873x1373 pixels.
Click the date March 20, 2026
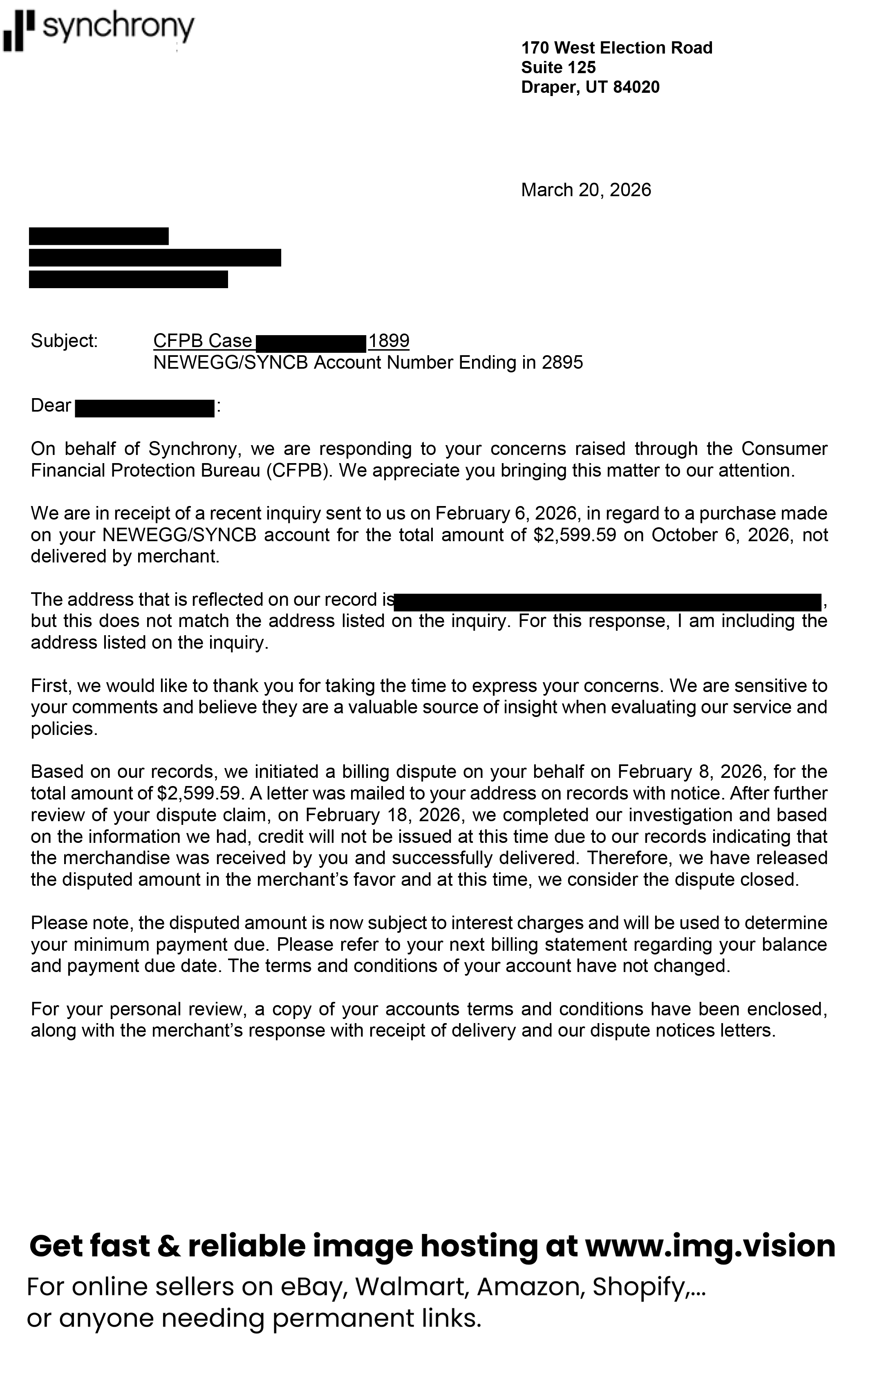click(586, 190)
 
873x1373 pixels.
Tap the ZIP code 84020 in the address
click(636, 87)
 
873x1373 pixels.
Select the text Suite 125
click(558, 68)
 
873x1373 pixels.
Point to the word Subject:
click(65, 341)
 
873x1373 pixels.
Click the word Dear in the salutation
click(51, 405)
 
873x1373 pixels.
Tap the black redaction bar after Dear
click(145, 408)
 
